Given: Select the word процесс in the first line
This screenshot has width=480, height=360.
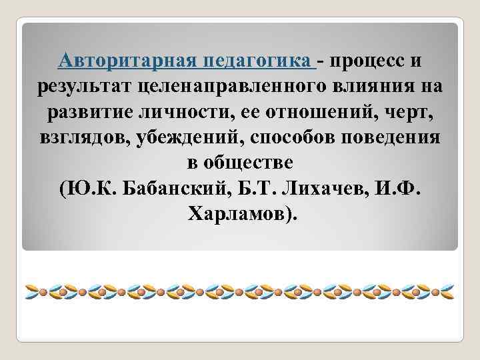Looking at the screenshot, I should (x=365, y=62).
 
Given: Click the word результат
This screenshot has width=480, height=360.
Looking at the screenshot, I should (x=83, y=87).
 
